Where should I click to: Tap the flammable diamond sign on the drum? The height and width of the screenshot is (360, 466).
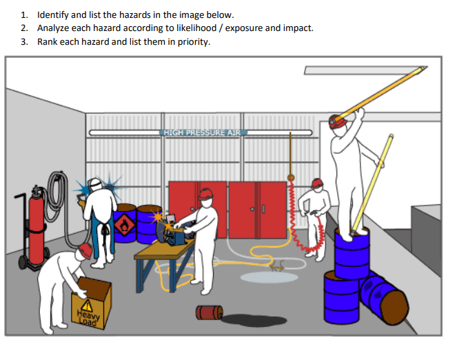[124, 226]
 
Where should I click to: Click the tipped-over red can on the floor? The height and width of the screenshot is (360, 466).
[208, 313]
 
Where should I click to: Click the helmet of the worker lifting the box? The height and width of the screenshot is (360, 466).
[85, 250]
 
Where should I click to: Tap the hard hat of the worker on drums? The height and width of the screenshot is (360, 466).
[336, 121]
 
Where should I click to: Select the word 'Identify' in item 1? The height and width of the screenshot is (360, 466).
[53, 14]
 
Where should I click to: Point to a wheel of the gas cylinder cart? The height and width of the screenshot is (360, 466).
[23, 263]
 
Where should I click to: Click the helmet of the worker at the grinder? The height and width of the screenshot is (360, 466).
[205, 194]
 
